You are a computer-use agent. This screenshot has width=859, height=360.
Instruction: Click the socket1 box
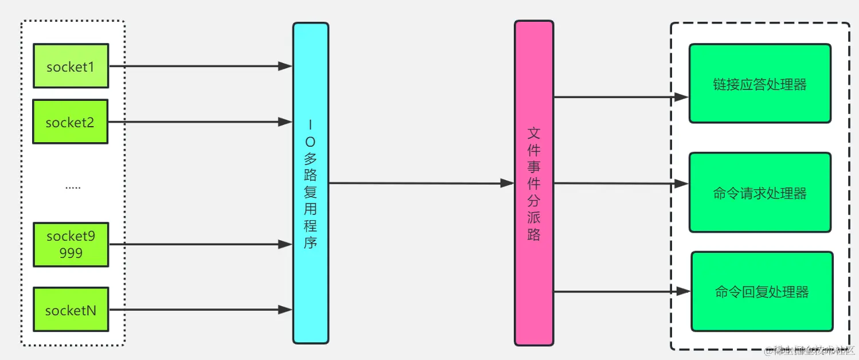coord(71,66)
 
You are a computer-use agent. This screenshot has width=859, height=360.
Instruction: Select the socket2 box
coord(70,122)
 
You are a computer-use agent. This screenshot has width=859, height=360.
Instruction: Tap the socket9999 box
coord(71,245)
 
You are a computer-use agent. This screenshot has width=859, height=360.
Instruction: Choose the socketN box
coord(71,310)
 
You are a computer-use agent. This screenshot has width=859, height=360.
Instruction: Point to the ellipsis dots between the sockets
coord(73,187)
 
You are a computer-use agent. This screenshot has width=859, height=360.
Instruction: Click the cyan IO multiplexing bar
coord(311,183)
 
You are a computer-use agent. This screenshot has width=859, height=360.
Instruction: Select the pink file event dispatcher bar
coord(534,183)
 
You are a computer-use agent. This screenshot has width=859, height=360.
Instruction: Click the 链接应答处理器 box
coord(760,84)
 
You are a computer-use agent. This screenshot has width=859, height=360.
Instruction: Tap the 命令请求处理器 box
coord(760,193)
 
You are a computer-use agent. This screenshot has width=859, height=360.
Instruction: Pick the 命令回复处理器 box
coord(762,291)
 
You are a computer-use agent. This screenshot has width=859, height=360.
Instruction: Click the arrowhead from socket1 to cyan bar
coord(286,66)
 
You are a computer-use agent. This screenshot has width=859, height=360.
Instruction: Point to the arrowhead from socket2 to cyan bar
coord(286,122)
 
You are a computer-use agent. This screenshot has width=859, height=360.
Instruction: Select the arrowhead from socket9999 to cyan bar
coord(286,244)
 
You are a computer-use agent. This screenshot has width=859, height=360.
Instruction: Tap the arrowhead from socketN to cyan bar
coord(286,310)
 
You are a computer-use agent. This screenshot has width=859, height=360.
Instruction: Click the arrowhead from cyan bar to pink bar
coord(507,183)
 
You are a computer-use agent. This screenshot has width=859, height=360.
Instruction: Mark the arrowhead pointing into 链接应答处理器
coord(681,97)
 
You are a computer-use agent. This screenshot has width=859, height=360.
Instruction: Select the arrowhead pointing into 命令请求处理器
coord(681,183)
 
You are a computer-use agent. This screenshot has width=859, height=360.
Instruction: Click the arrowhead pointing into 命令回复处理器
coord(683,291)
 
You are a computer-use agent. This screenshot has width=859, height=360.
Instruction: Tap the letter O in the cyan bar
coord(310,142)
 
